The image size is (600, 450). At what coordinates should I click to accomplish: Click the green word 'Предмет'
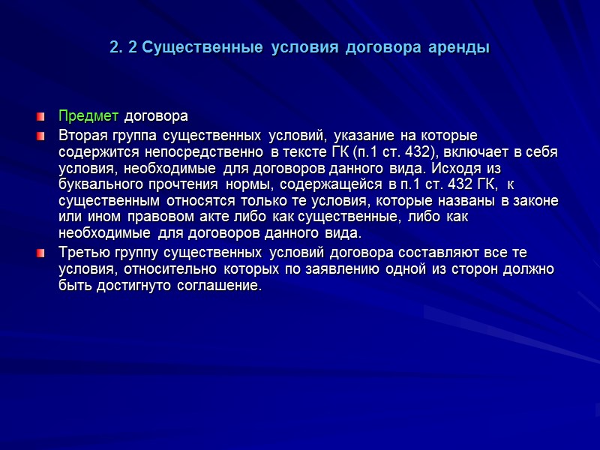pyautogui.click(x=88, y=117)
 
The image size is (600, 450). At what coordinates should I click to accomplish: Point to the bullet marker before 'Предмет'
pyautogui.click(x=42, y=118)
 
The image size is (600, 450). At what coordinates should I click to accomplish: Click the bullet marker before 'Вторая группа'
pyautogui.click(x=42, y=136)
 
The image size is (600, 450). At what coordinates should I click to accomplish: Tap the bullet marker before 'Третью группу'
pyautogui.click(x=42, y=253)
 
